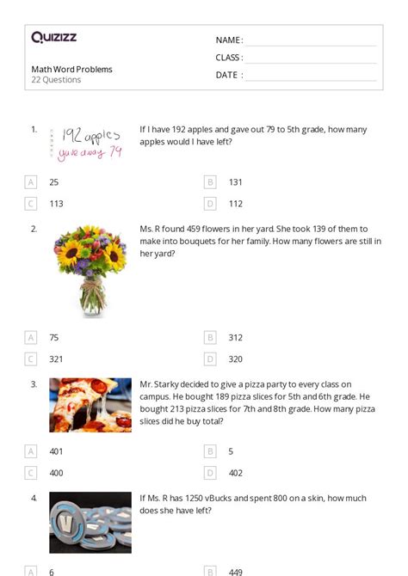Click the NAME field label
[x=228, y=40]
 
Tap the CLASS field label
[x=229, y=58]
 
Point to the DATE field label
[x=228, y=75]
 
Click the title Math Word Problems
[x=71, y=70]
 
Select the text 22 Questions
[x=56, y=80]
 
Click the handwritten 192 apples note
[x=85, y=142]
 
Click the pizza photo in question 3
[x=90, y=405]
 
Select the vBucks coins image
[x=90, y=521]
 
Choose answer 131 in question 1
[x=235, y=182]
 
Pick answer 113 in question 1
[x=56, y=204]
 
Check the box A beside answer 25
[x=31, y=182]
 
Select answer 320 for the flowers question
[x=235, y=359]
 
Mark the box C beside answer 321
[x=31, y=359]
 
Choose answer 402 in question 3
[x=235, y=473]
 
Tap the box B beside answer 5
[x=210, y=451]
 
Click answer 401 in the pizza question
[x=56, y=451]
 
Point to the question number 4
[x=34, y=498]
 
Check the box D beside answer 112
[x=210, y=204]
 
